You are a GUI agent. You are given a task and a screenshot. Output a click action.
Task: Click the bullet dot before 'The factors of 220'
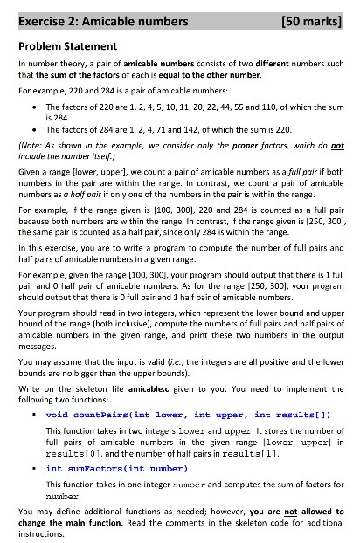[34, 105]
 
